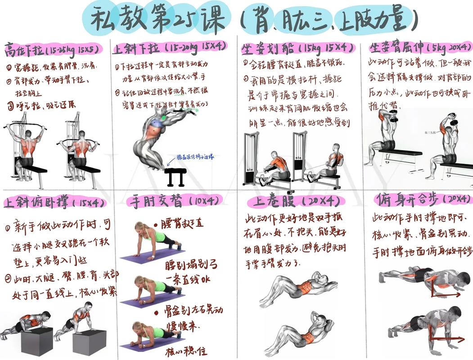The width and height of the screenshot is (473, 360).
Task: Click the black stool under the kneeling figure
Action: [x=175, y=177]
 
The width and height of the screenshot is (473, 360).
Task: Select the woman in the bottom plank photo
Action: [x=155, y=333]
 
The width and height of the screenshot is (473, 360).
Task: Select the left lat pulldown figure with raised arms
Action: [x=26, y=146]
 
